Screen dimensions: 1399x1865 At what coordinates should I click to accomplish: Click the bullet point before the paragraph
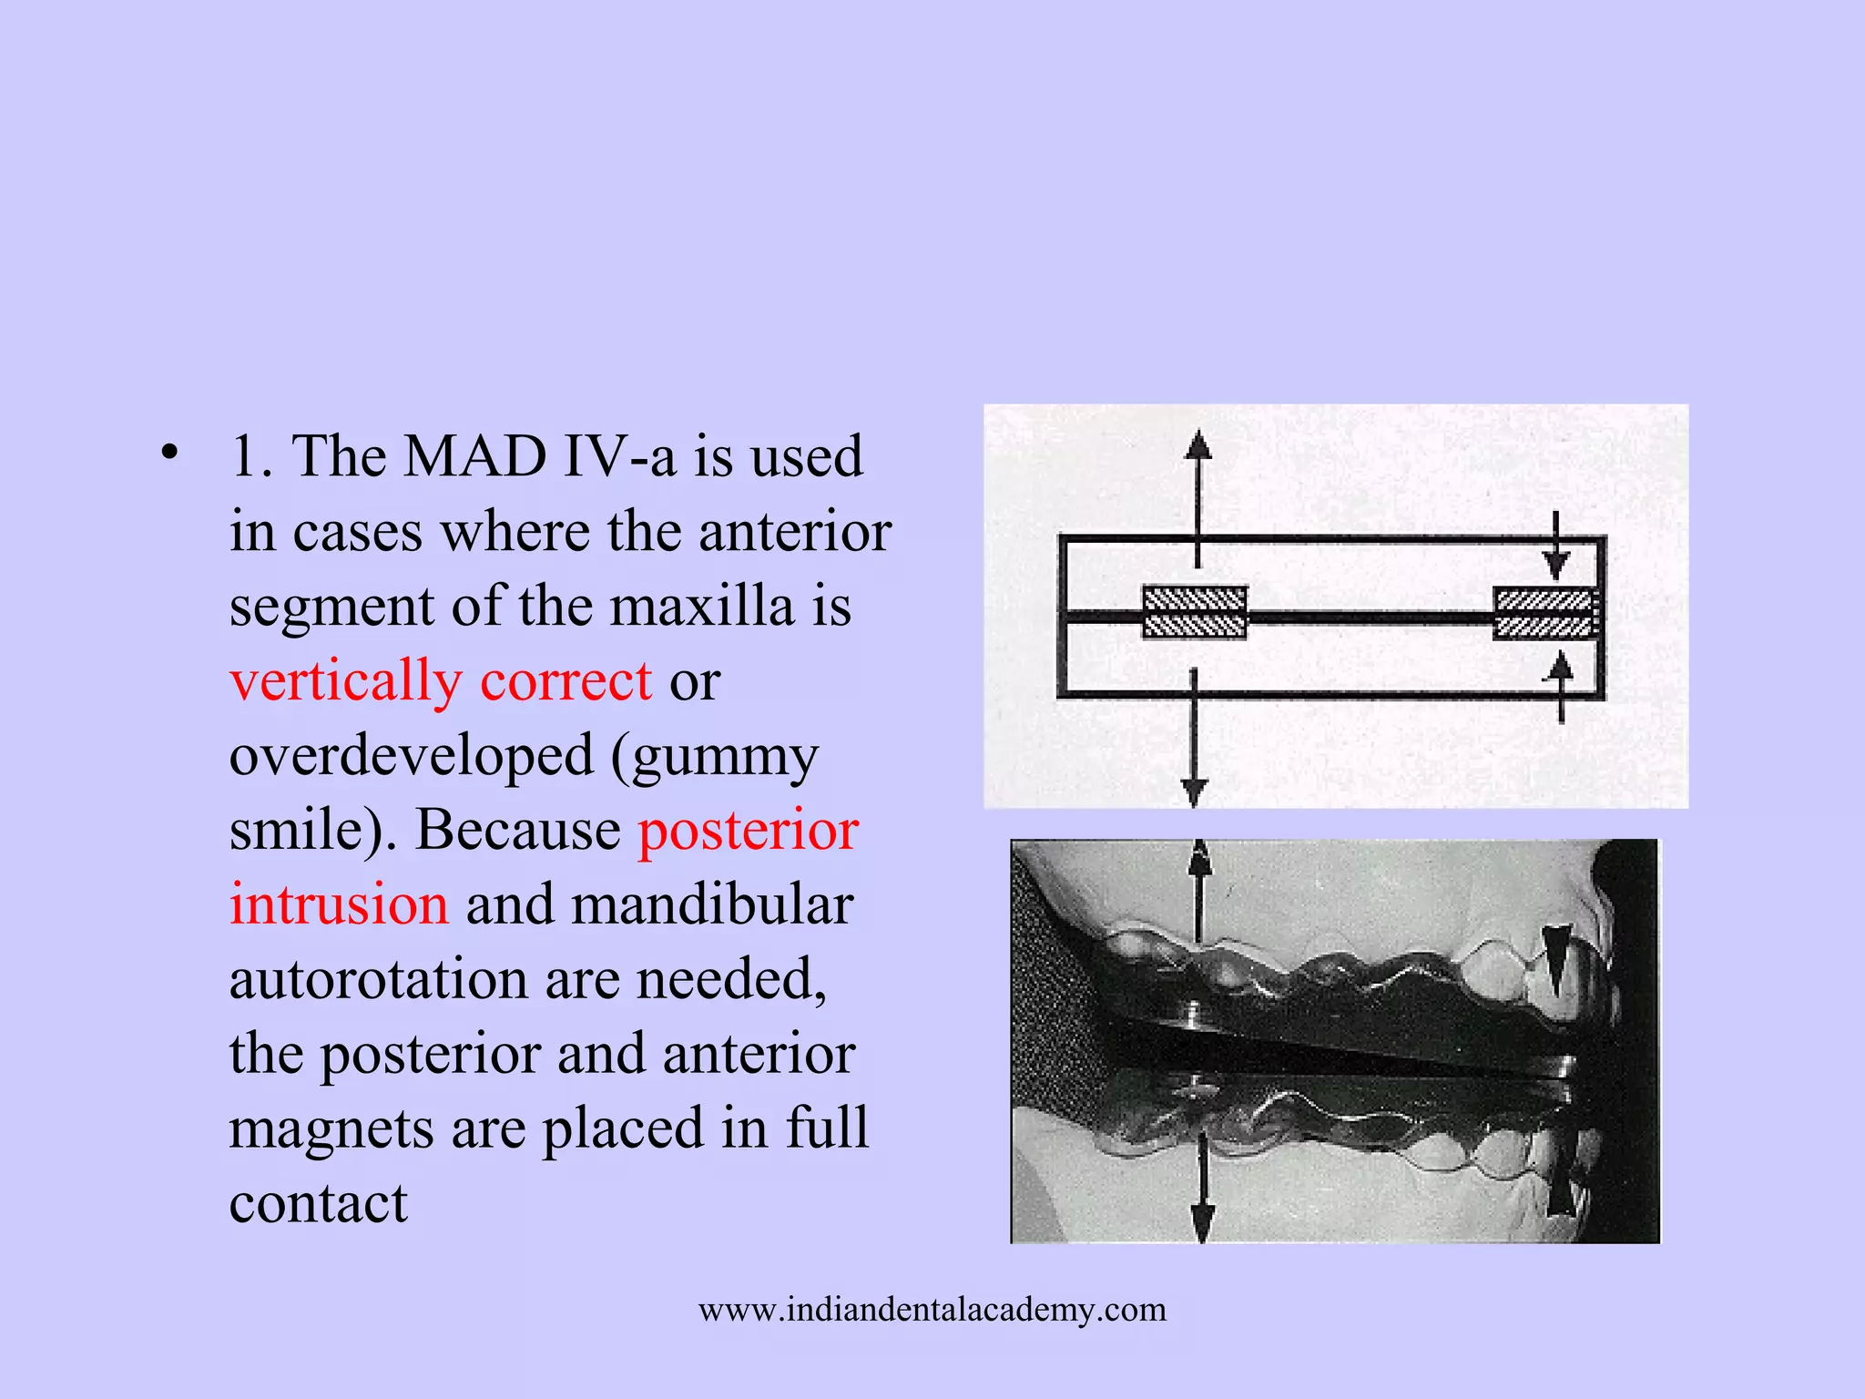[x=168, y=452]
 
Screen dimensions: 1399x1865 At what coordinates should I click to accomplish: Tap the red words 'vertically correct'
[x=441, y=681]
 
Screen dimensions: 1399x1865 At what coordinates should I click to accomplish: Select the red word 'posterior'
[x=748, y=831]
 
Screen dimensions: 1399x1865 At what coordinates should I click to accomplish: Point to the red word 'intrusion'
[x=339, y=905]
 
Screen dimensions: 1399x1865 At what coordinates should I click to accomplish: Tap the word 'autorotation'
[x=378, y=980]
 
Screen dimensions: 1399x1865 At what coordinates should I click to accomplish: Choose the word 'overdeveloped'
[x=410, y=756]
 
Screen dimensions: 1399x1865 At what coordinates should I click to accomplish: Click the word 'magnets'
[x=331, y=1129]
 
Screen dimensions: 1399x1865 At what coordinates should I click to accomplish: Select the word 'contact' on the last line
[x=318, y=1204]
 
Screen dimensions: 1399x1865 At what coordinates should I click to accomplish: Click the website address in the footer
[x=932, y=1310]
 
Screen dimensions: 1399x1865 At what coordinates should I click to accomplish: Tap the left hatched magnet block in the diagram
[x=1194, y=612]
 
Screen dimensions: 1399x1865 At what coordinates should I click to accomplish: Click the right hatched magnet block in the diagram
[x=1544, y=613]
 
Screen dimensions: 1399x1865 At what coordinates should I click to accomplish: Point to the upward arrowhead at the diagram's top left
[x=1197, y=444]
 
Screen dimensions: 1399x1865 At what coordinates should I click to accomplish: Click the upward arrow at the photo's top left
[x=1200, y=861]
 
